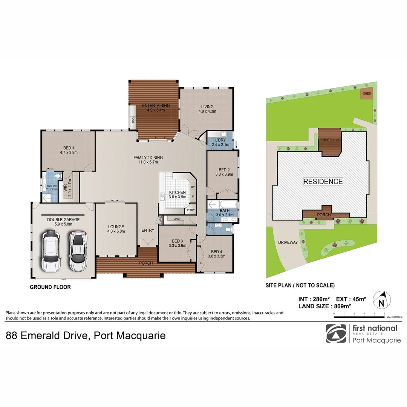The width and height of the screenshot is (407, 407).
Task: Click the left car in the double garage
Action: point(51,251)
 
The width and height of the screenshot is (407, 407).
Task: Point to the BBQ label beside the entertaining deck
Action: point(133,120)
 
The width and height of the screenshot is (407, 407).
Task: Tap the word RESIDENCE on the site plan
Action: point(323,182)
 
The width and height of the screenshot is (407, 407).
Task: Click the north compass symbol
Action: point(381,301)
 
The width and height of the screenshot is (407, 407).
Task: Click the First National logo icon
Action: point(335,334)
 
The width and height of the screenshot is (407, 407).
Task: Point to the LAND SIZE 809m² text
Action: point(324,306)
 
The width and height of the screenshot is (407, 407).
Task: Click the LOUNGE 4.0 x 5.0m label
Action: point(116,229)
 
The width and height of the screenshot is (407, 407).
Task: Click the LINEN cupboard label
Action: point(177,219)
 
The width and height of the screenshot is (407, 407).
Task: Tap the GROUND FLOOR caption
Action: point(50,287)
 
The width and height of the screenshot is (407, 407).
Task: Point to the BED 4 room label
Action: point(216,254)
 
